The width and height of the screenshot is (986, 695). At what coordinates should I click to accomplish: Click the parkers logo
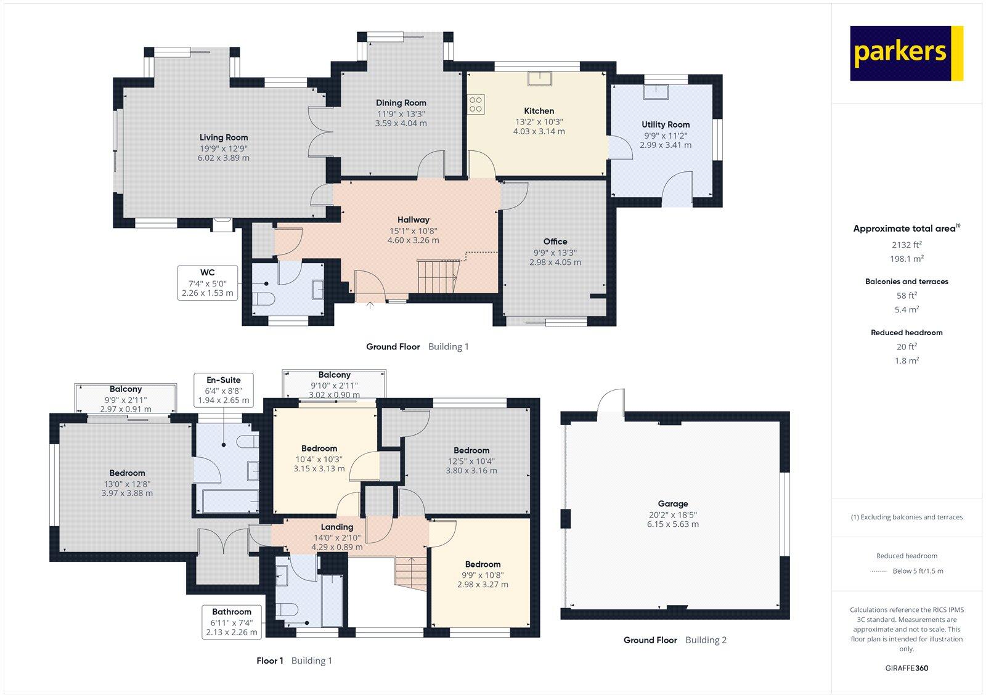point(906,53)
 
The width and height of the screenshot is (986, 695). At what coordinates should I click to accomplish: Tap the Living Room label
point(223,137)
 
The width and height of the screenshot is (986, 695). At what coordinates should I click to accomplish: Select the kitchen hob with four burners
point(476,104)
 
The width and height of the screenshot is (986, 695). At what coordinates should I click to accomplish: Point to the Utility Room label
point(666,124)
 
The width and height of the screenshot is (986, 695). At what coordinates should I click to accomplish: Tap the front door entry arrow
point(370,304)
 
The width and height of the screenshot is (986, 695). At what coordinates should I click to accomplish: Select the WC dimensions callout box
point(207,283)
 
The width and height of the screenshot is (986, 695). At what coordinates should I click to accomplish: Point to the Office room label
point(555,242)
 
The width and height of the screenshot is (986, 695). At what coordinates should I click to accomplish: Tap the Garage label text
point(672,503)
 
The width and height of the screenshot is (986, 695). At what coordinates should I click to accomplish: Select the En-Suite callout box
point(223,390)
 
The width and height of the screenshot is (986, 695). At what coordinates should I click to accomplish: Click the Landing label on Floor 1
point(336,527)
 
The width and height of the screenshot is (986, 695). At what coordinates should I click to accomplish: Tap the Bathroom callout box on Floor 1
point(231,622)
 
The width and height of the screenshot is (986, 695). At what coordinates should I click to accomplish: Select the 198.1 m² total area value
point(907,259)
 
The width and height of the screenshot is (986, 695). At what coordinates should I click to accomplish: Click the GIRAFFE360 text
point(907,669)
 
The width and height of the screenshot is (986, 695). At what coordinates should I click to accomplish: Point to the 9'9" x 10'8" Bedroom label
point(483,564)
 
